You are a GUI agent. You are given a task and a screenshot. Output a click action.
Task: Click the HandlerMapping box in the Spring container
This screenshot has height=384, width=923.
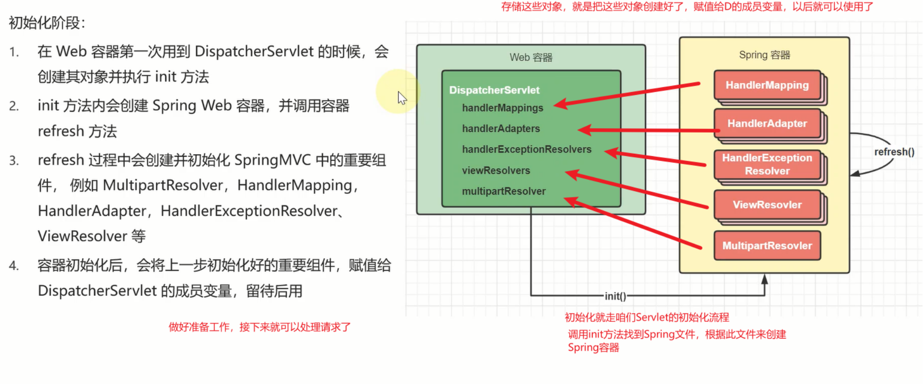click(767, 85)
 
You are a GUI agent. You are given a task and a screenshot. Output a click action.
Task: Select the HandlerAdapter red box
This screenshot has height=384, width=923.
click(767, 124)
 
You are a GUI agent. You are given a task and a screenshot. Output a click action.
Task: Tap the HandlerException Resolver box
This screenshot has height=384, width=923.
click(767, 164)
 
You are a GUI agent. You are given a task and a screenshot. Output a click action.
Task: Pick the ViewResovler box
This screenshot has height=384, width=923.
click(767, 205)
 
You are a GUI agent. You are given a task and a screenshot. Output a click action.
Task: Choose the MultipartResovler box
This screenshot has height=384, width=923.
click(767, 246)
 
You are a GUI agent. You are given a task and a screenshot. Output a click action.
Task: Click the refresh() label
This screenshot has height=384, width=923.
click(894, 152)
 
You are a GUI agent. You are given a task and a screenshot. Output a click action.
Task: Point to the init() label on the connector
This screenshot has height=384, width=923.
click(615, 296)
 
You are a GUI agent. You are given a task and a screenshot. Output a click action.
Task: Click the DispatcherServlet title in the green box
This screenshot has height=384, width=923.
click(494, 90)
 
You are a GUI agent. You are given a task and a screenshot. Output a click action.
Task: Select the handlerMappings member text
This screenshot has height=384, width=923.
click(502, 108)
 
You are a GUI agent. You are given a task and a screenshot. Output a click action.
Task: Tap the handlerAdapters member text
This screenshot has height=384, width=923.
click(501, 129)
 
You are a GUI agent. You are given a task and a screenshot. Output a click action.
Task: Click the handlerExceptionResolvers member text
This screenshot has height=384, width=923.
click(526, 149)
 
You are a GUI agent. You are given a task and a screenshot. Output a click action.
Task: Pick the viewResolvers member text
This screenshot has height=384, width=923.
click(496, 171)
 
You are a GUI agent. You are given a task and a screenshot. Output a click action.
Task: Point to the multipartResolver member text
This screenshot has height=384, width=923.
click(504, 191)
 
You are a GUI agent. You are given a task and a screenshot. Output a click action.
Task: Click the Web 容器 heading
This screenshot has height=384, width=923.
click(531, 57)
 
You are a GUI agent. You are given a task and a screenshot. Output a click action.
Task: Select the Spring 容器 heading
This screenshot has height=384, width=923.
click(764, 55)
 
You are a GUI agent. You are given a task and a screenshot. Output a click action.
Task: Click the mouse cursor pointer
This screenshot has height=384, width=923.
click(401, 98)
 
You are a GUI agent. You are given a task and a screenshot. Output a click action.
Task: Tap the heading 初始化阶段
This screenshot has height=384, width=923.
click(47, 23)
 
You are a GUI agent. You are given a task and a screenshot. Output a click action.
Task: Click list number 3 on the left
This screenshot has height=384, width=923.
click(14, 160)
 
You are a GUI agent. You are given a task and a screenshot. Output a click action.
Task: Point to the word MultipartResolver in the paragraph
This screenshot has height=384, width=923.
click(163, 185)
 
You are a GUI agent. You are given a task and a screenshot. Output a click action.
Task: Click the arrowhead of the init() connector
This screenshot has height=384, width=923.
click(764, 279)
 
